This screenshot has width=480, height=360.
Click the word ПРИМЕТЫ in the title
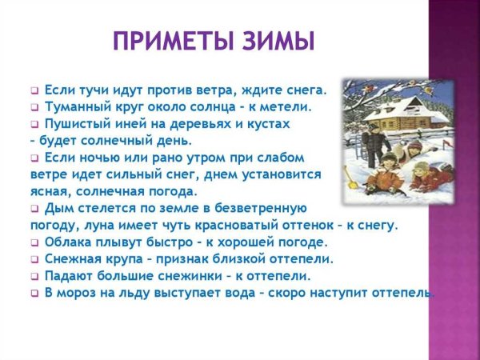point(170,40)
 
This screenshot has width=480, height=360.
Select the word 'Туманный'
point(78,106)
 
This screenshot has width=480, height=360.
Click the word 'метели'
point(282,106)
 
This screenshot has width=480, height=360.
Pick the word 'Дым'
point(59,208)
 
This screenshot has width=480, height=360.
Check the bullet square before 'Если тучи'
point(34,90)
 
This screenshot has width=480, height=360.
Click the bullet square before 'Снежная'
point(34,260)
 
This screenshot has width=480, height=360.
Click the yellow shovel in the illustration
point(351,176)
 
